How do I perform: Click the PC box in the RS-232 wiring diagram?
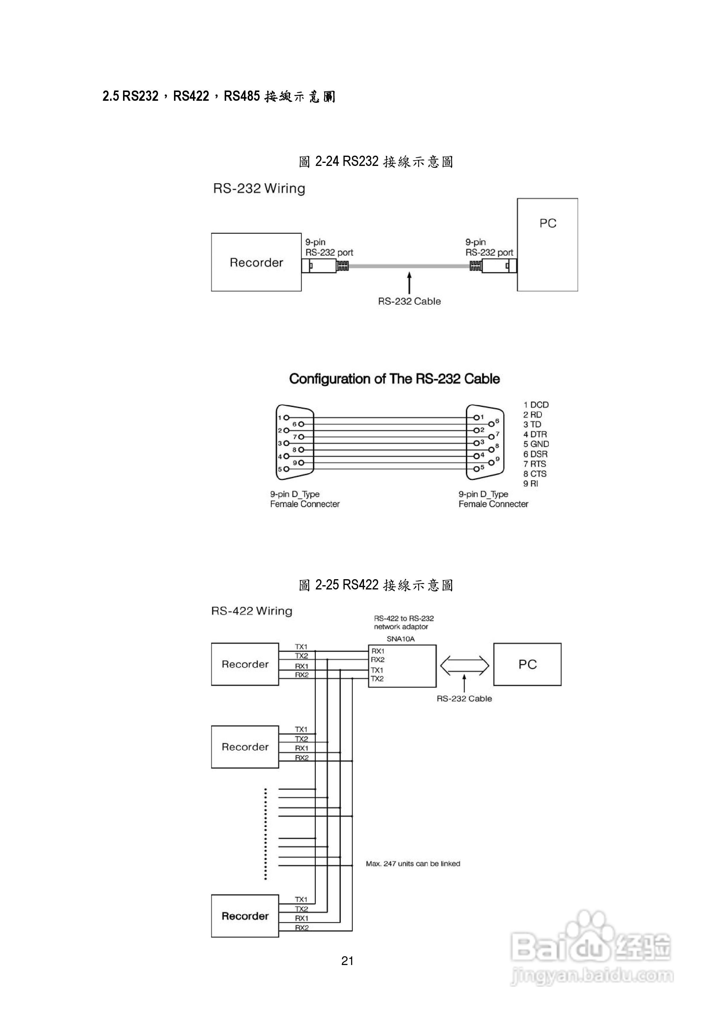547,244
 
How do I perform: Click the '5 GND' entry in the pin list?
536,444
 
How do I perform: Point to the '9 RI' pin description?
531,483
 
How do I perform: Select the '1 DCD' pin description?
536,405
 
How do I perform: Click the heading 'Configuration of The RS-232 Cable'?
394,379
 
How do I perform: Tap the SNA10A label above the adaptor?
400,639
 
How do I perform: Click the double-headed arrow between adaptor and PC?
464,665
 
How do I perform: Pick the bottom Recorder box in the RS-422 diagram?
245,916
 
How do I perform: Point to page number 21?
347,961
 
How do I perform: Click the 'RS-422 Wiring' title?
252,611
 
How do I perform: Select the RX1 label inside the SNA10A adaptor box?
378,651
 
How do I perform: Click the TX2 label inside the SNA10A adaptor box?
377,678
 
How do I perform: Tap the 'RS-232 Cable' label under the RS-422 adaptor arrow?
464,699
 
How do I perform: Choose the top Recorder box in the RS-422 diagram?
245,664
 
